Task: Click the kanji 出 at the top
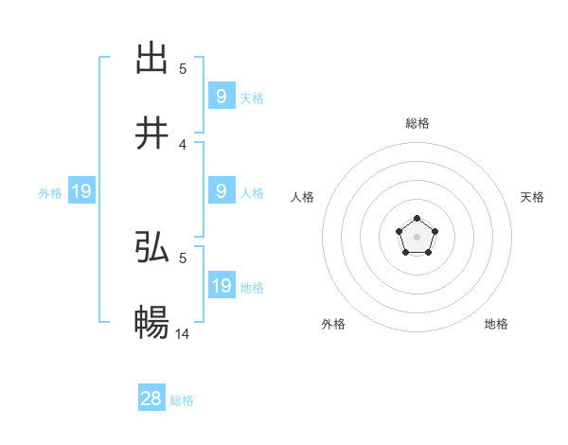tap(151, 59)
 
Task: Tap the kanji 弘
tap(151, 247)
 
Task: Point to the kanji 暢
tap(151, 323)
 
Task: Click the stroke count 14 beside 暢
tap(184, 333)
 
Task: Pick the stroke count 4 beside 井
tap(183, 145)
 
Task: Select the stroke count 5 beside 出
tap(183, 69)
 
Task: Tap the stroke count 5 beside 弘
tap(183, 258)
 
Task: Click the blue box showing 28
tap(151, 399)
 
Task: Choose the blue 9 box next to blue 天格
tap(222, 97)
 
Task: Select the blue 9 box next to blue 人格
tap(222, 191)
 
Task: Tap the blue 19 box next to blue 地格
tap(222, 286)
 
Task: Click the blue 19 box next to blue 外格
tap(81, 192)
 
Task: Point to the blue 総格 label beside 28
tap(182, 400)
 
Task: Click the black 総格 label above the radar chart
tap(417, 123)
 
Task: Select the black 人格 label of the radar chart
tap(303, 197)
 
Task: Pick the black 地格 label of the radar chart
tap(496, 324)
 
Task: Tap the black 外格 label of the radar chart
tap(333, 324)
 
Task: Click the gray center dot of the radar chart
tap(417, 236)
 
